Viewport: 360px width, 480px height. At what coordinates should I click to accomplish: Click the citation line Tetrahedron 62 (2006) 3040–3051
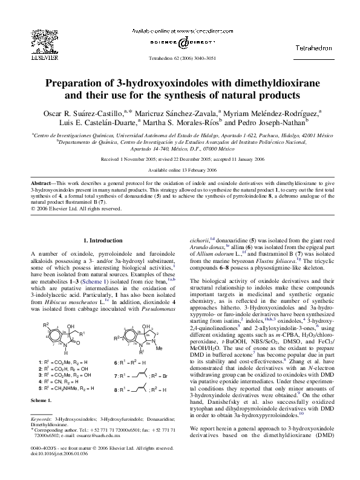click(x=180, y=59)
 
